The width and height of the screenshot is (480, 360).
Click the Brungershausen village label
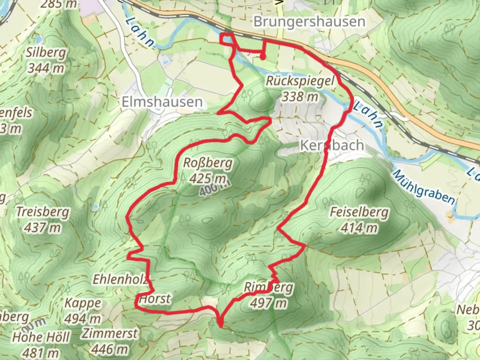[x=309, y=22]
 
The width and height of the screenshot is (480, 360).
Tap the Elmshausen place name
[x=162, y=102]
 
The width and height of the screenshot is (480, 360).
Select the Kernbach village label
[x=332, y=145]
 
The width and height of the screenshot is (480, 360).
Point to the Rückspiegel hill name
[x=300, y=81]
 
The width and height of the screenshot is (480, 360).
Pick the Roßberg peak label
[x=208, y=163]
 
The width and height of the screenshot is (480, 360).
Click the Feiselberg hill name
[x=359, y=212]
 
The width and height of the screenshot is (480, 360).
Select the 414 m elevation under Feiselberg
[x=359, y=228]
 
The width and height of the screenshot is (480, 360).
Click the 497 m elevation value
[x=268, y=303]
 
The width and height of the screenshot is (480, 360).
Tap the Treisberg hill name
[x=43, y=212]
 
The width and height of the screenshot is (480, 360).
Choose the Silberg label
[x=46, y=53]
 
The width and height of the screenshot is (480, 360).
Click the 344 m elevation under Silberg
[x=46, y=68]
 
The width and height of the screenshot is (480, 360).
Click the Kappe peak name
[x=83, y=303]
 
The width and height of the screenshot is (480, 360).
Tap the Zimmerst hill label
[x=110, y=333]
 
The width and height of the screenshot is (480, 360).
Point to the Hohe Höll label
[x=41, y=337]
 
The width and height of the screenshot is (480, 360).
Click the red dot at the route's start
[x=263, y=57]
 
